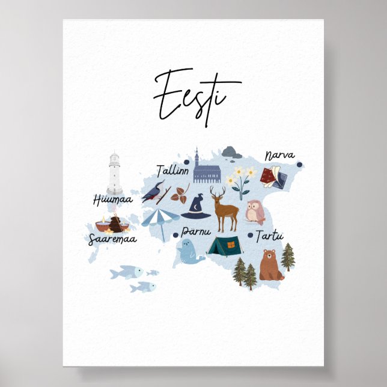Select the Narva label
279,156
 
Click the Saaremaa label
112,239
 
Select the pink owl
255,212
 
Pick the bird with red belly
154,190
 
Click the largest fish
127,272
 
